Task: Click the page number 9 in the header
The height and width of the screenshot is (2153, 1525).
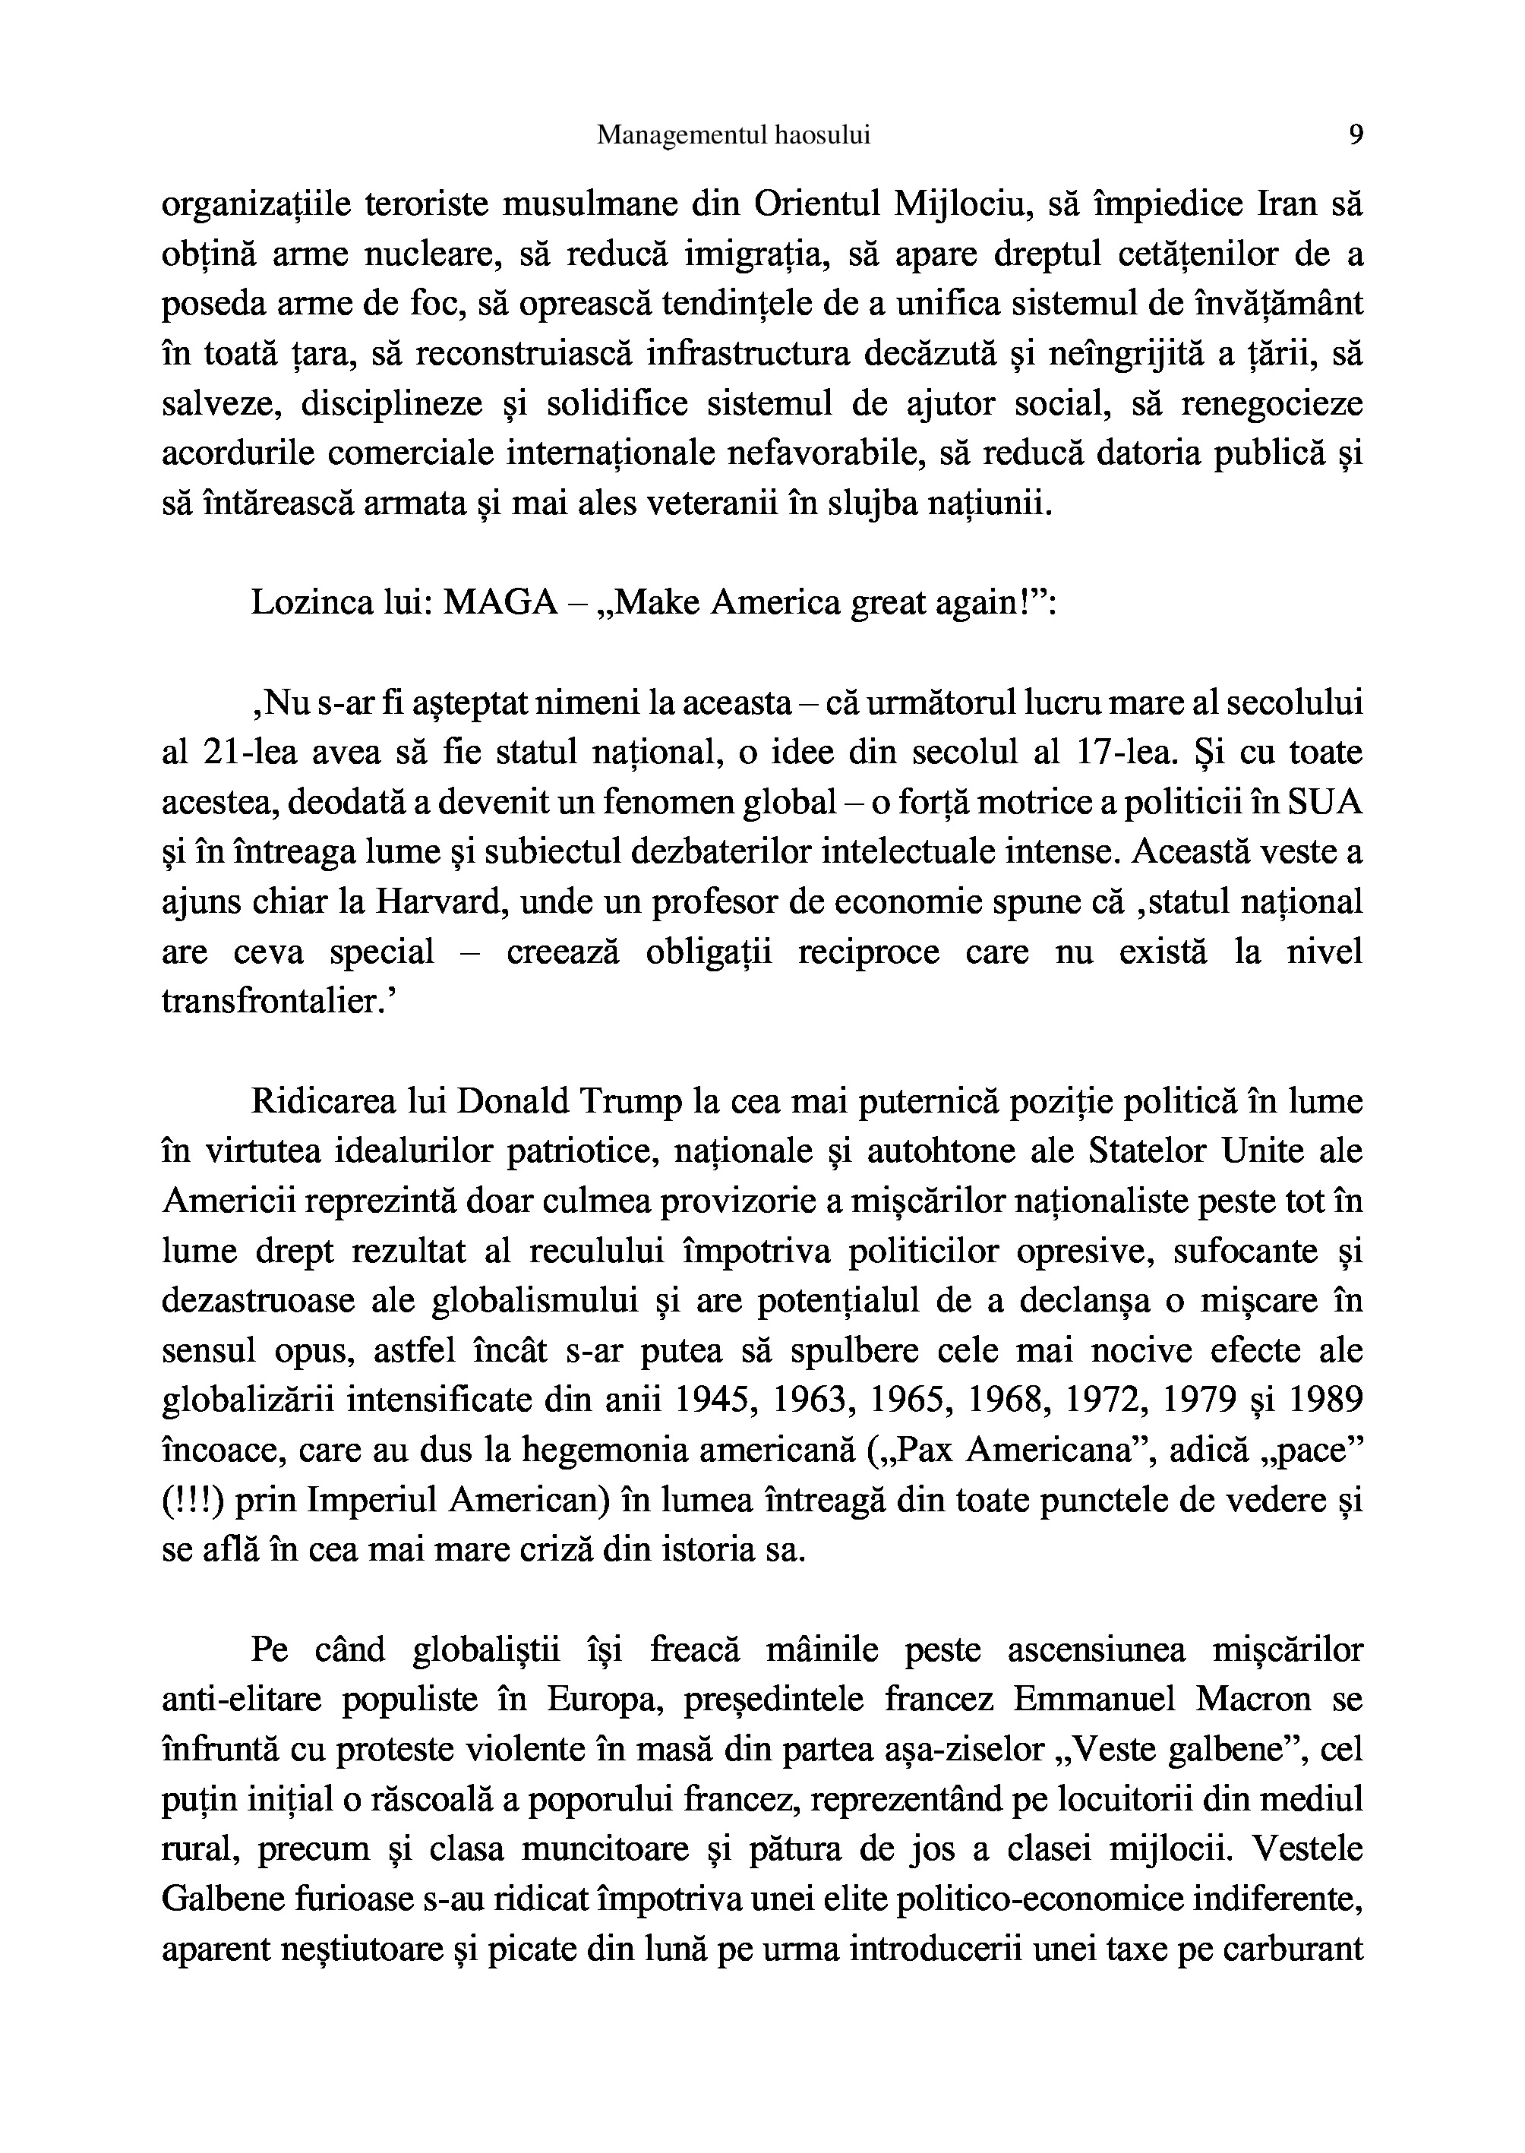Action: coord(1355,135)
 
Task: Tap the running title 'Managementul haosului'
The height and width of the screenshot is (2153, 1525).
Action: coord(734,135)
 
